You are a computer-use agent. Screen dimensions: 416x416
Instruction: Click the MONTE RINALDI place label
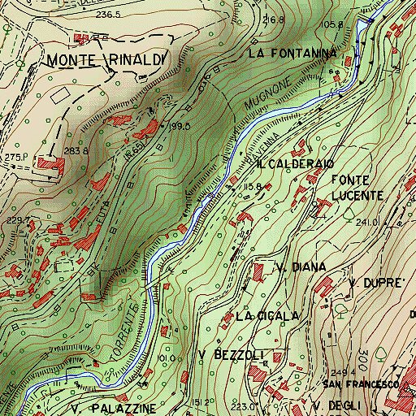point(106,59)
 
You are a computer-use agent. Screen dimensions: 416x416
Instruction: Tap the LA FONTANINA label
point(292,54)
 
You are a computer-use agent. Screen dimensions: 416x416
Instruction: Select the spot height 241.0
point(368,222)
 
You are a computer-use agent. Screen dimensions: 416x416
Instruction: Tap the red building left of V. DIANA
point(260,272)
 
